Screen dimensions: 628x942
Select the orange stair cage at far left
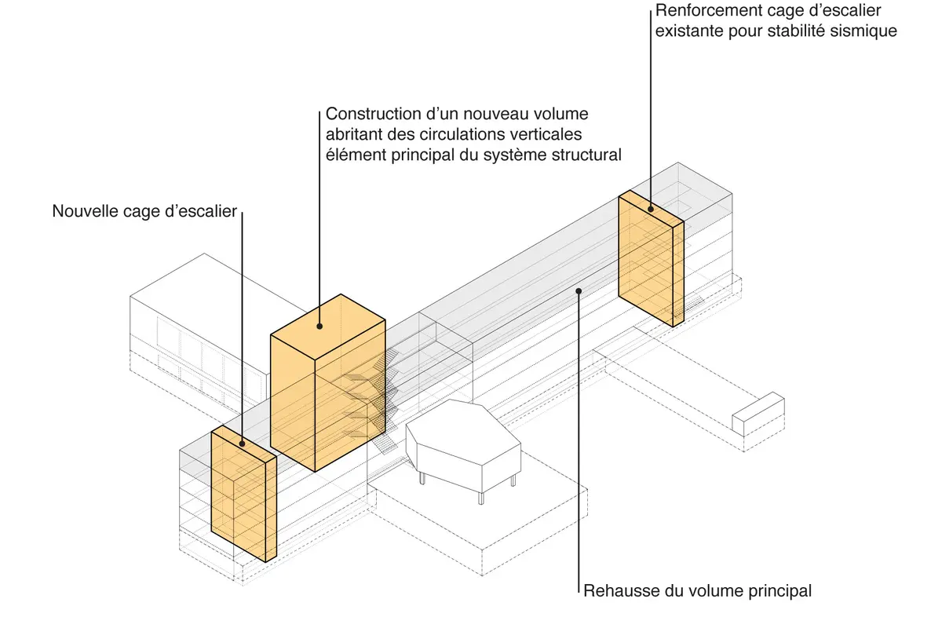click(x=243, y=495)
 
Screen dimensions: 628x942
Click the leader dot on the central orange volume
click(x=320, y=326)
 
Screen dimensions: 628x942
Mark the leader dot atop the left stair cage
click(x=242, y=444)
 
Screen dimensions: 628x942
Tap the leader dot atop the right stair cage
click(x=651, y=209)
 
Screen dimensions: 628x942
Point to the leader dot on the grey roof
click(x=579, y=290)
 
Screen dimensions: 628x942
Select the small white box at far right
click(x=758, y=414)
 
